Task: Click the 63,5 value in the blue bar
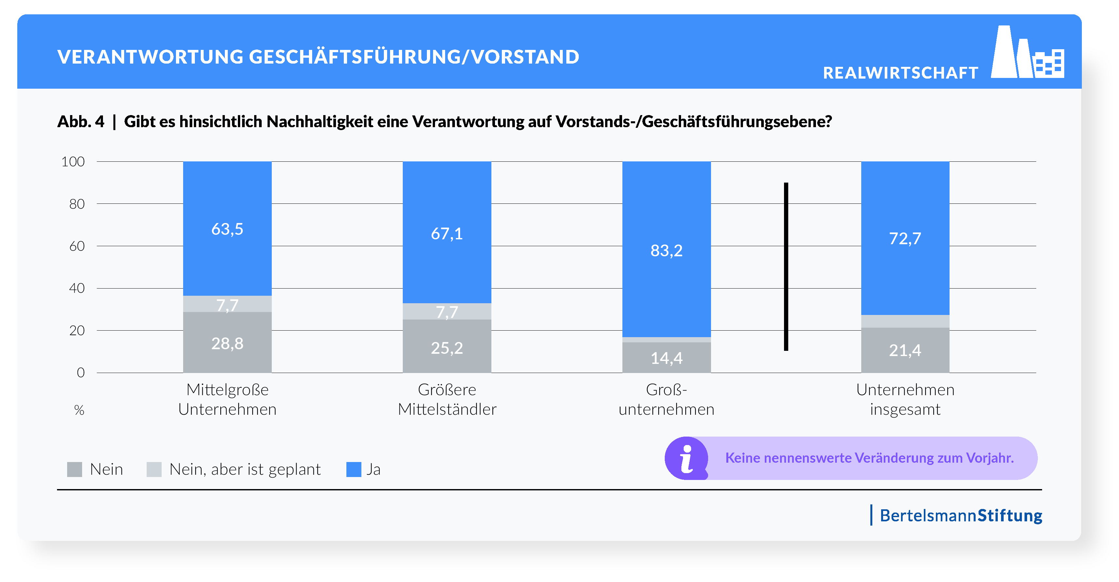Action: coord(227,229)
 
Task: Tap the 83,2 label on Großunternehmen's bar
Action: coord(666,250)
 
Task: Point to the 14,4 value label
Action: coord(666,358)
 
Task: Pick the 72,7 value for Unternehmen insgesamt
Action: coord(905,238)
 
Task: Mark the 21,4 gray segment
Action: coord(905,350)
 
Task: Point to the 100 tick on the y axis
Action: coord(73,162)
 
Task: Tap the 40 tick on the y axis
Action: coord(77,288)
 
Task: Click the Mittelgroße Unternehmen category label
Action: coord(227,399)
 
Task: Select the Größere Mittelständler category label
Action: coord(447,399)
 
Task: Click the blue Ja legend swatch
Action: coord(354,470)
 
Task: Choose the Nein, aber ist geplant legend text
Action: coord(245,470)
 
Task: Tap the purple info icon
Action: coord(686,458)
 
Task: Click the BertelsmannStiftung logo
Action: coord(960,515)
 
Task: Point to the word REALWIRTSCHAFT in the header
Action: coord(900,73)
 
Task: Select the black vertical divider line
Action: coord(786,266)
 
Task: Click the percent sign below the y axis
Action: coord(79,410)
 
